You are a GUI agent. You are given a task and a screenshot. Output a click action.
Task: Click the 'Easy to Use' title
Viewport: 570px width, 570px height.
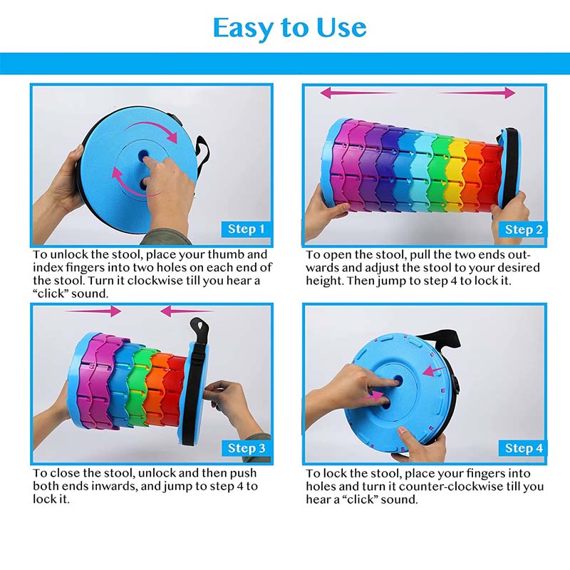click(290, 28)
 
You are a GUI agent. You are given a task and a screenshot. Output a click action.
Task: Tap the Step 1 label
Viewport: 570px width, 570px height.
click(246, 229)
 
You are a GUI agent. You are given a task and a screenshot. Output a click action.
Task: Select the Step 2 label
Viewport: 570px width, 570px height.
click(524, 229)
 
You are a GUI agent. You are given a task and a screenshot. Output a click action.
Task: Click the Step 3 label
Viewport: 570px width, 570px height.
click(247, 448)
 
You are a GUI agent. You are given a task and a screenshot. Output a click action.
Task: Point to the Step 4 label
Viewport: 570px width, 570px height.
click(524, 448)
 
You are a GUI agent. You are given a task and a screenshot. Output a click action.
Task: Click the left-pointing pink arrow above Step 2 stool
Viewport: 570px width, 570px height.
click(358, 93)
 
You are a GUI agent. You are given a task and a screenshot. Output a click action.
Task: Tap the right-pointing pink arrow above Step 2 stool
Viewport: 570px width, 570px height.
click(477, 93)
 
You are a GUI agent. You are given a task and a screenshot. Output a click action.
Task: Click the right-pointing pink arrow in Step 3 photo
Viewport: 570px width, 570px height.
click(93, 311)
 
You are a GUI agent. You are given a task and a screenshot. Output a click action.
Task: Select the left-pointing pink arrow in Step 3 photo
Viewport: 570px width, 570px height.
click(187, 311)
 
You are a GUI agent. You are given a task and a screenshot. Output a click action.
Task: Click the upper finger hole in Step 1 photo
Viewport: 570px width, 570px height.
click(143, 155)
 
